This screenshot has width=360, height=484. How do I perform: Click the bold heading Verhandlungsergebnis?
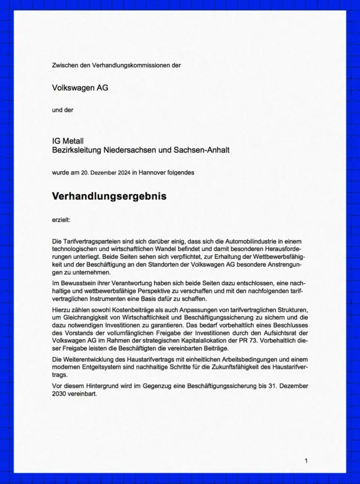pyautogui.click(x=109, y=196)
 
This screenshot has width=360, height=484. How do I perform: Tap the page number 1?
pyautogui.click(x=306, y=461)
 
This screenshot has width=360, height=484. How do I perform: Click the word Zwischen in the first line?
pyautogui.click(x=65, y=65)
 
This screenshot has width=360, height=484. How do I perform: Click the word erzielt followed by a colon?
pyautogui.click(x=62, y=220)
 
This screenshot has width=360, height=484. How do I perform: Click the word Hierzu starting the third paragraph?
pyautogui.click(x=62, y=311)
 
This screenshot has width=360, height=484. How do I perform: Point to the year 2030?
pyautogui.click(x=62, y=394)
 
